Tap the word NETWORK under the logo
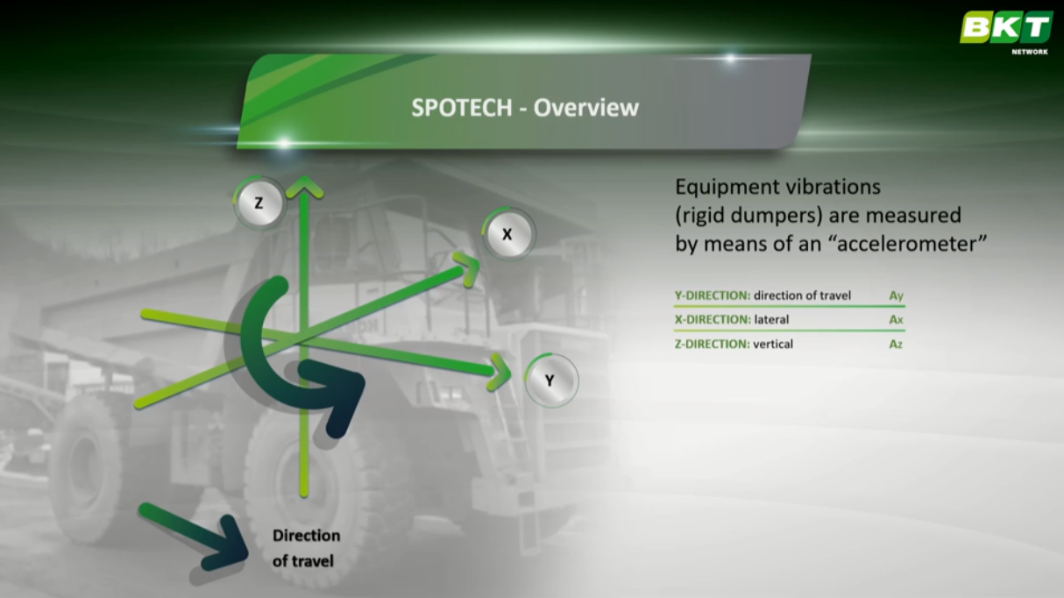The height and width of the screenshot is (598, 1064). click(1030, 52)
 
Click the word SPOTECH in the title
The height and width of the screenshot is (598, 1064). click(462, 108)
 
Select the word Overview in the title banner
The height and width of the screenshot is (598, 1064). click(586, 108)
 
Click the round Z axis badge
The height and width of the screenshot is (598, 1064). click(259, 203)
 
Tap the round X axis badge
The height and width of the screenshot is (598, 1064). click(507, 234)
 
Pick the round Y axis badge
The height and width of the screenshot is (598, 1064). click(550, 381)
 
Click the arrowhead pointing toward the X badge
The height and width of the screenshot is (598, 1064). click(468, 268)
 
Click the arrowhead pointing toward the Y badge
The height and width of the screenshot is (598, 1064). click(499, 372)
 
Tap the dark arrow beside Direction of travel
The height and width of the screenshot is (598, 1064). click(194, 537)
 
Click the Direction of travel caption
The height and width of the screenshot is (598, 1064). click(307, 548)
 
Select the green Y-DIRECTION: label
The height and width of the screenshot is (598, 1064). click(713, 295)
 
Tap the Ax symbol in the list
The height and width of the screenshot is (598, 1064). click(896, 319)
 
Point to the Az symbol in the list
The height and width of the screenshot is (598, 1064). click(896, 344)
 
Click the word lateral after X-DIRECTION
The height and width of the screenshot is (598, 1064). click(771, 319)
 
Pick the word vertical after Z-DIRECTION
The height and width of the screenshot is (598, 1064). click(773, 344)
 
